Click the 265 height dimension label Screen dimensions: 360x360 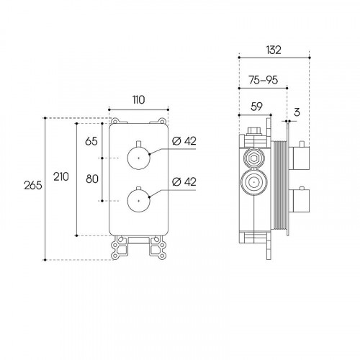coord(33,185)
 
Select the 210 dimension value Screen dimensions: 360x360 coord(61,176)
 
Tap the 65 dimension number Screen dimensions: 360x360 coord(91,141)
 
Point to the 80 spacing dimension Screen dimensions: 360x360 coord(92,179)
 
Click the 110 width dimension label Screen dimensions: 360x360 coord(139,100)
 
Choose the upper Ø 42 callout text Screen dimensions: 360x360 coord(184,141)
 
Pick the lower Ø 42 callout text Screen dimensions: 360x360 coord(184,181)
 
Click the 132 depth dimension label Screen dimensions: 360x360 coord(274,50)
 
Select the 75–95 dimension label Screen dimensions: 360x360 coord(264,80)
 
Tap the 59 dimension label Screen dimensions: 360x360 coord(256,107)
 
